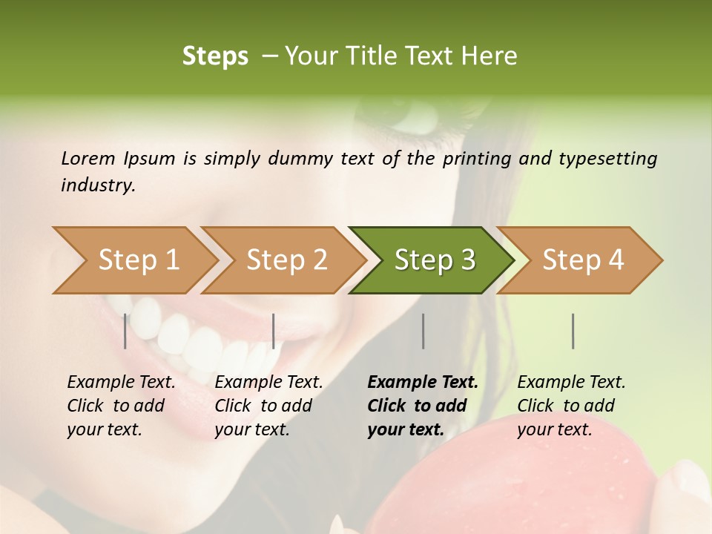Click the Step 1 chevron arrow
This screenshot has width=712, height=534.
pyautogui.click(x=138, y=260)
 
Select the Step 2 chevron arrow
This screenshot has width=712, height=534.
pyautogui.click(x=286, y=260)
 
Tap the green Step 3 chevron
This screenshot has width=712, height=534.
pyautogui.click(x=434, y=260)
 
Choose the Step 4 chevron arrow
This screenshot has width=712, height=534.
pyautogui.click(x=582, y=260)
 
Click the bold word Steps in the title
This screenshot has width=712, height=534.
pyautogui.click(x=215, y=56)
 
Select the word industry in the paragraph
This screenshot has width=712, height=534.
pyautogui.click(x=97, y=185)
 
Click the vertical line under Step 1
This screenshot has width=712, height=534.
pyautogui.click(x=125, y=331)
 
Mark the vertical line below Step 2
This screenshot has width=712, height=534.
pyautogui.click(x=274, y=331)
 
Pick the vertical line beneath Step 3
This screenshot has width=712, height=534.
pyautogui.click(x=423, y=331)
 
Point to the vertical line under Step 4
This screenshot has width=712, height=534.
pyautogui.click(x=573, y=331)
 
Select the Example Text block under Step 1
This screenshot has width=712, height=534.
pyautogui.click(x=121, y=406)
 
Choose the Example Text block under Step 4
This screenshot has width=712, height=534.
pyautogui.click(x=571, y=406)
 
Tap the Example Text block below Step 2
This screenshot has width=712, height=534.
pyautogui.click(x=268, y=406)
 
